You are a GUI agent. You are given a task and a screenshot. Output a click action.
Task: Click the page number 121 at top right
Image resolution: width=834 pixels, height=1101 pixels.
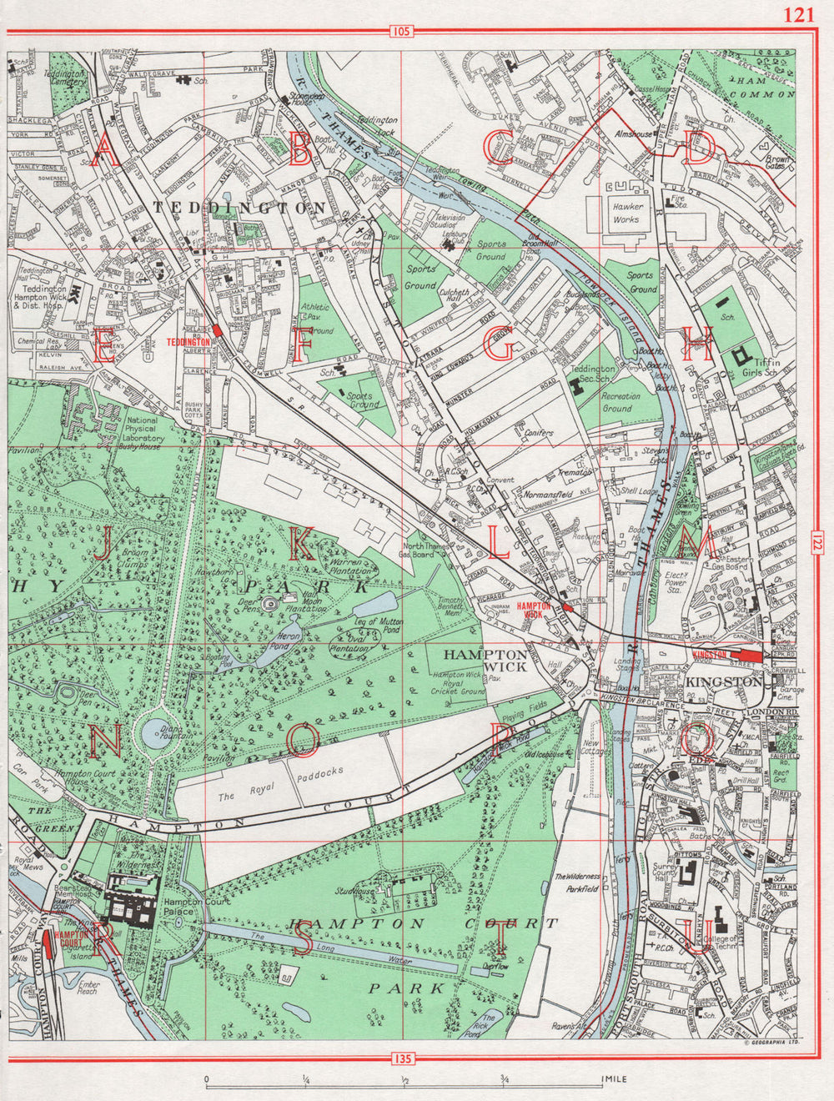click(799, 14)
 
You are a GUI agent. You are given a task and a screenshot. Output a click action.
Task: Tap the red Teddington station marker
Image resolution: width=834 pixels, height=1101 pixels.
click(217, 330)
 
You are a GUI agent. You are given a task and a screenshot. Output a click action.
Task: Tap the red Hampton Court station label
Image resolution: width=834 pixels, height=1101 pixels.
click(69, 941)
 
